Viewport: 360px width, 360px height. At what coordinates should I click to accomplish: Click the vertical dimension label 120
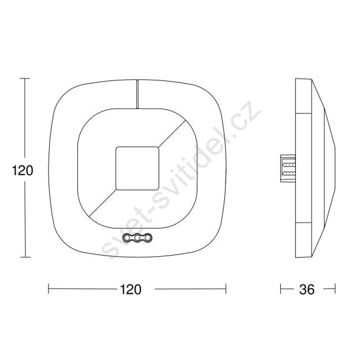[x=23, y=170]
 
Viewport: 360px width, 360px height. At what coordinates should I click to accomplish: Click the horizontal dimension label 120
[x=131, y=289]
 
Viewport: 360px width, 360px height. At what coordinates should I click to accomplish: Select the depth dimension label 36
[x=307, y=290]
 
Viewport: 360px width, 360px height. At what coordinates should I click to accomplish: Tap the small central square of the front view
[x=137, y=168]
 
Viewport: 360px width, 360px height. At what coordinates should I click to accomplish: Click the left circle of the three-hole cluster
[x=127, y=238]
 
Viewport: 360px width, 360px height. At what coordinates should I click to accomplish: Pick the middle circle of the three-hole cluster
[x=137, y=238]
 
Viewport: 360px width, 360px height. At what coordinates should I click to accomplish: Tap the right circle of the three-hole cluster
[x=148, y=238]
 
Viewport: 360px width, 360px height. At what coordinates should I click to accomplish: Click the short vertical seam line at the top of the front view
[x=137, y=94]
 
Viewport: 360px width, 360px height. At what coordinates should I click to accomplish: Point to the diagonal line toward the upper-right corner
[x=172, y=133]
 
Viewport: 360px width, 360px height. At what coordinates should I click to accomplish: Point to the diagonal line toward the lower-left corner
[x=103, y=203]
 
